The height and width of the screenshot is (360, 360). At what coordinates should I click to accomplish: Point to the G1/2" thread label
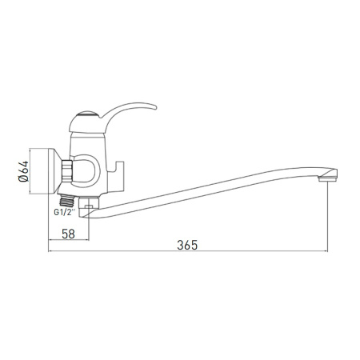(x=65, y=213)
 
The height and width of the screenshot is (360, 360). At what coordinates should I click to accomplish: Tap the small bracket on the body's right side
(x=120, y=170)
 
